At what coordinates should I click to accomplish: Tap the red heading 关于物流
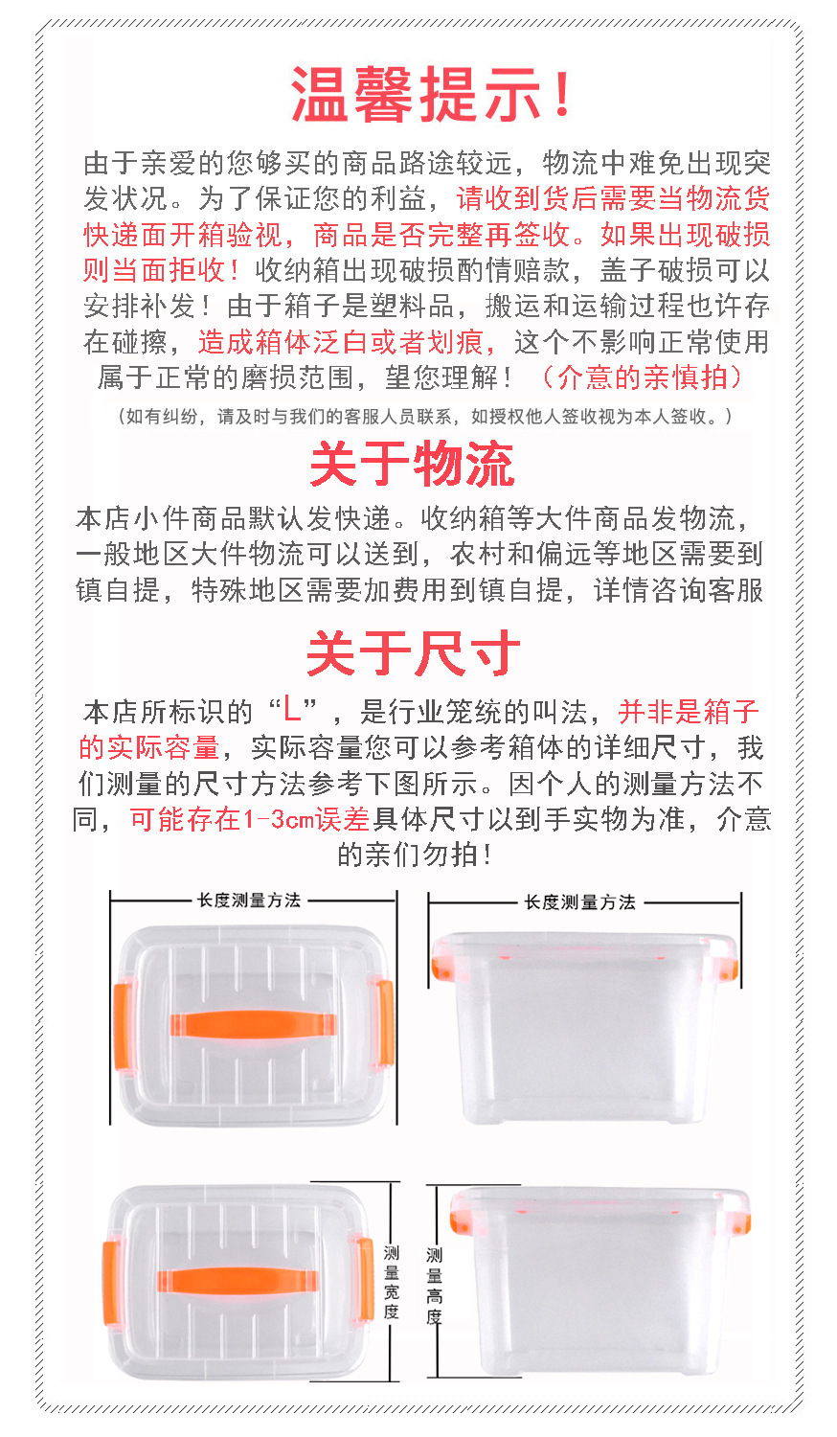413,465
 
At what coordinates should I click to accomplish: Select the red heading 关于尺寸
413,652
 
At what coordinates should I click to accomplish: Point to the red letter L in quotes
292,710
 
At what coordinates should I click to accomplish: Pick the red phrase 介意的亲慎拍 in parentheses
642,377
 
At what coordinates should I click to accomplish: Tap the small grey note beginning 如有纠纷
424,417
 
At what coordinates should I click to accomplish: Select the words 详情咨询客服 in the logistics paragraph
679,590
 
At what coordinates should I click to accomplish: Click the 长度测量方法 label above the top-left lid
249,901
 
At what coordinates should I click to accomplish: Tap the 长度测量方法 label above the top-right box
580,902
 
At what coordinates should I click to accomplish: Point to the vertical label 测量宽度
392,1281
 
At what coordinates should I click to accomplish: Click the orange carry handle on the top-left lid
254,1024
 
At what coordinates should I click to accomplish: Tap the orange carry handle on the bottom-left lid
238,1281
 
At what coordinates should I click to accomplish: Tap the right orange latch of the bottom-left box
366,1279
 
